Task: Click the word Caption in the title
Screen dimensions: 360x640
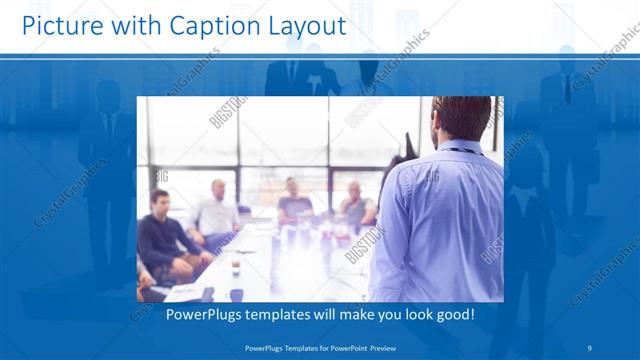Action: (199, 27)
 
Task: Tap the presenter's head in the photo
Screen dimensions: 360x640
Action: (461, 120)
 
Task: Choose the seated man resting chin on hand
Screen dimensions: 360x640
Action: (356, 205)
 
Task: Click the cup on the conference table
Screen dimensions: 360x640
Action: (236, 267)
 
